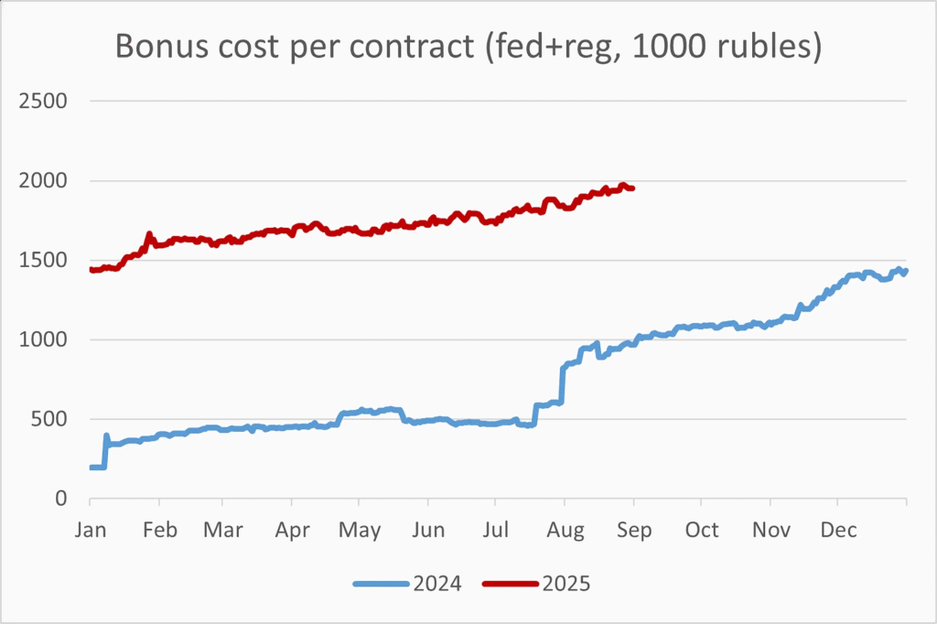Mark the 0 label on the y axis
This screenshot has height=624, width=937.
pos(60,499)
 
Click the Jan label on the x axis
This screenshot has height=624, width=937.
pos(90,531)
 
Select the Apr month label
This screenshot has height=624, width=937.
pos(292,531)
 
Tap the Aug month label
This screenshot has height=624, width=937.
pos(565,531)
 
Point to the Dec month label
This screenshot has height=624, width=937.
pos(838,531)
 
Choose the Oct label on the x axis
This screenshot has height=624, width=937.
pos(702,531)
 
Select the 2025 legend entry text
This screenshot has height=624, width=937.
pos(567,583)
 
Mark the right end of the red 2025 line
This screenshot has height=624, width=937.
pos(633,188)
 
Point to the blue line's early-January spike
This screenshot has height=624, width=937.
pos(106,436)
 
